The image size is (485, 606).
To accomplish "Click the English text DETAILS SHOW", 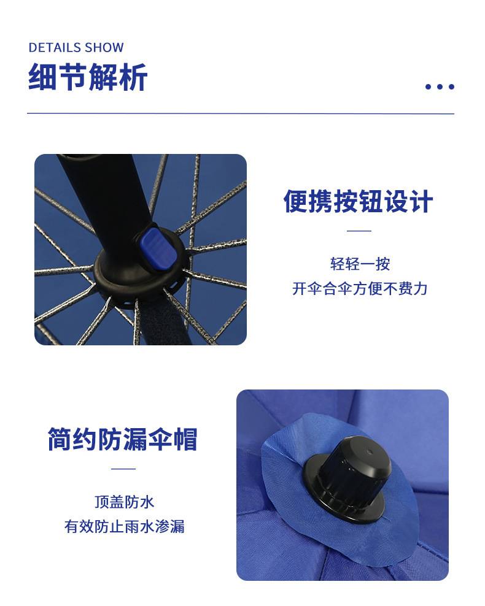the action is point(76,48).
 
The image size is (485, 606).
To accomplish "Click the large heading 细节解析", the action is point(88,77).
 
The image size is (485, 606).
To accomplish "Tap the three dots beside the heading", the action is point(440,86).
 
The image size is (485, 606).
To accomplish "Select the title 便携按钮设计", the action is point(358,201).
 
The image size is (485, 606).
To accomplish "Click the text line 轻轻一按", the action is point(360,264).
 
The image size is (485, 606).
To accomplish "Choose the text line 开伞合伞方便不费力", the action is point(360,289).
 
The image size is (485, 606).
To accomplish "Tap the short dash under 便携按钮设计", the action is point(359,231).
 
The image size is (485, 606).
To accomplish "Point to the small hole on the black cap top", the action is point(368,452).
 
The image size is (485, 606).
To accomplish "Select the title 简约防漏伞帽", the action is point(123,439).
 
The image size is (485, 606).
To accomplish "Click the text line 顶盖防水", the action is point(124,502).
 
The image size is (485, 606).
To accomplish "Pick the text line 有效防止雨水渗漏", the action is point(124,526).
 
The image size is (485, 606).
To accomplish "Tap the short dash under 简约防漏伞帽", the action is point(123,469).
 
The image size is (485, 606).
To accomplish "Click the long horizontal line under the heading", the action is point(241,113).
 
